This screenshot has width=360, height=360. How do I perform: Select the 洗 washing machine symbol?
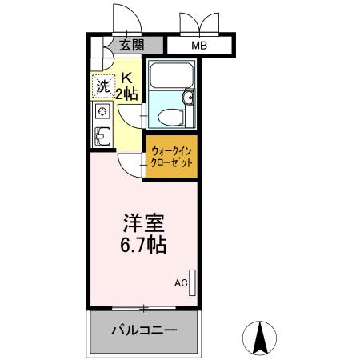click(102, 86)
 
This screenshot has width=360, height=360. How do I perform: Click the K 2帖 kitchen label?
click(128, 86)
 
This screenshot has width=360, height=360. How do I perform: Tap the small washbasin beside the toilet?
click(189, 98)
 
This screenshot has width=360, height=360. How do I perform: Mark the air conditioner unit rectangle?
click(192, 282)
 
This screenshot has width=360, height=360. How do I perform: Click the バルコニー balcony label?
click(143, 330)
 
